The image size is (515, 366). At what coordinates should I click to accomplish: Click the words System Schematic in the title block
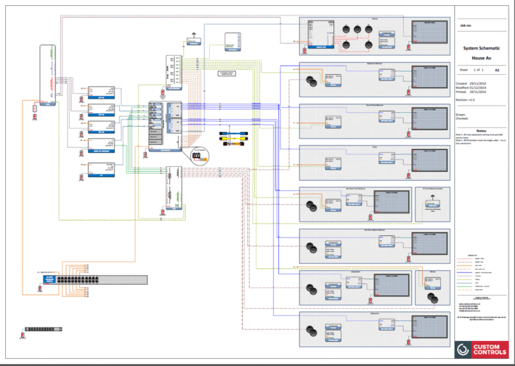[482, 48]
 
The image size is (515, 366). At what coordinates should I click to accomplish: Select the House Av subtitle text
[482, 57]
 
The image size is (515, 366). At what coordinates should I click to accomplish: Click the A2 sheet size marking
[496, 69]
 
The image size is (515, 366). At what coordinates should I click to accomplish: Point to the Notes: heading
[482, 130]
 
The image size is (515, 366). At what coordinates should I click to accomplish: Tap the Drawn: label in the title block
[462, 114]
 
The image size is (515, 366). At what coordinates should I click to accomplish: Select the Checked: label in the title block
[463, 119]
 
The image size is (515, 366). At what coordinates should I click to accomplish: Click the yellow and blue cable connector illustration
[232, 140]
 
